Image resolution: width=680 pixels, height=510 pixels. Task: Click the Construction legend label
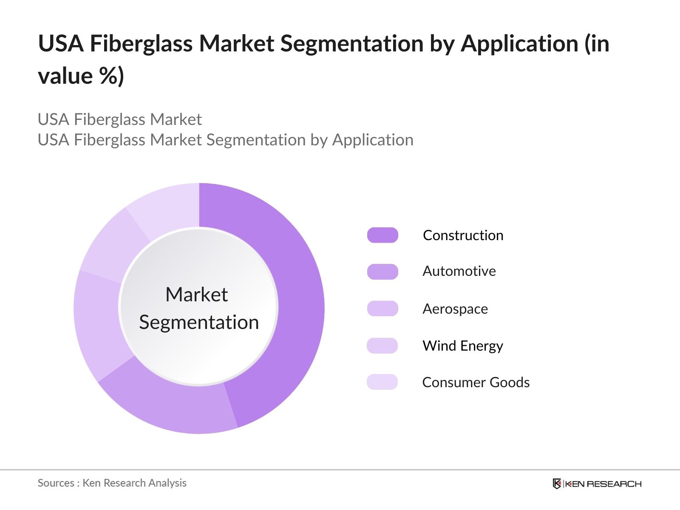click(463, 235)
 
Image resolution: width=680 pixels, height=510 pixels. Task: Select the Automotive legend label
click(459, 271)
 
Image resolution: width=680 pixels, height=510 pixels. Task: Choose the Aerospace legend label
click(455, 309)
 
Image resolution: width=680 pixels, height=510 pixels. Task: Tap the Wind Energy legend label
click(462, 346)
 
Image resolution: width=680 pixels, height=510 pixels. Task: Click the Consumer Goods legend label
click(476, 382)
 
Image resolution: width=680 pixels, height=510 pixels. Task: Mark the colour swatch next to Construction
click(382, 235)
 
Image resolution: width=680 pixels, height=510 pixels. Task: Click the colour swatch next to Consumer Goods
click(382, 382)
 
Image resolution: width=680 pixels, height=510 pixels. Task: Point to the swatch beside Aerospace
click(382, 309)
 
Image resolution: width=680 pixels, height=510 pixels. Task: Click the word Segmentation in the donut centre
click(199, 322)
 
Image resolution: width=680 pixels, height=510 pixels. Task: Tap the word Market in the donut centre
click(197, 295)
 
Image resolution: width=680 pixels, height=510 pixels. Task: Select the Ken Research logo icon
click(557, 484)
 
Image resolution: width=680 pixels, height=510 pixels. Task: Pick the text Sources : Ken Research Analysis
click(112, 483)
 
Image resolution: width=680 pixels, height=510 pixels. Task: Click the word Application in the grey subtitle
click(373, 140)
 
